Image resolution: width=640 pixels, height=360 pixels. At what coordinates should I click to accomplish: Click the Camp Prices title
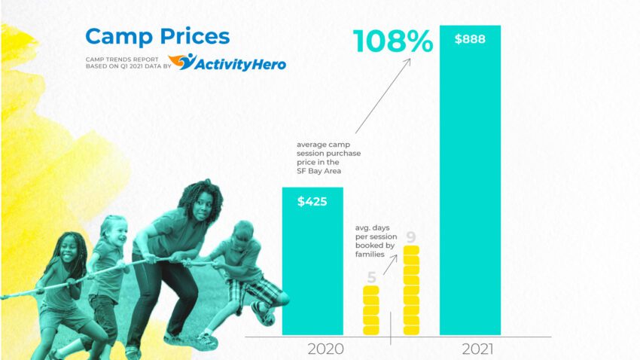[x=157, y=35]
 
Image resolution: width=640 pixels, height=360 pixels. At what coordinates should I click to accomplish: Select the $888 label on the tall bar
[x=470, y=39]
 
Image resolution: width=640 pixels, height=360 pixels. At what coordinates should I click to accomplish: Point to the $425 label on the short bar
[x=312, y=201]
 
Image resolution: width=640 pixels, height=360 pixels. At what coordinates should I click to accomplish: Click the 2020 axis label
[x=326, y=349]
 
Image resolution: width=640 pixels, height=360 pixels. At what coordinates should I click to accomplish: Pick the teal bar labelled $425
[x=312, y=271]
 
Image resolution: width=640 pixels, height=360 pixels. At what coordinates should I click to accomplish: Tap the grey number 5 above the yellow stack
[x=371, y=277]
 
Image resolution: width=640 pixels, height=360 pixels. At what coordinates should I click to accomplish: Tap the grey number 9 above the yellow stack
[x=411, y=237]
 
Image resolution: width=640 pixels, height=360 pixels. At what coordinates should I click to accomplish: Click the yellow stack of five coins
[x=371, y=311]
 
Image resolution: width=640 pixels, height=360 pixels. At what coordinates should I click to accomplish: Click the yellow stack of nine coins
[x=411, y=291]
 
